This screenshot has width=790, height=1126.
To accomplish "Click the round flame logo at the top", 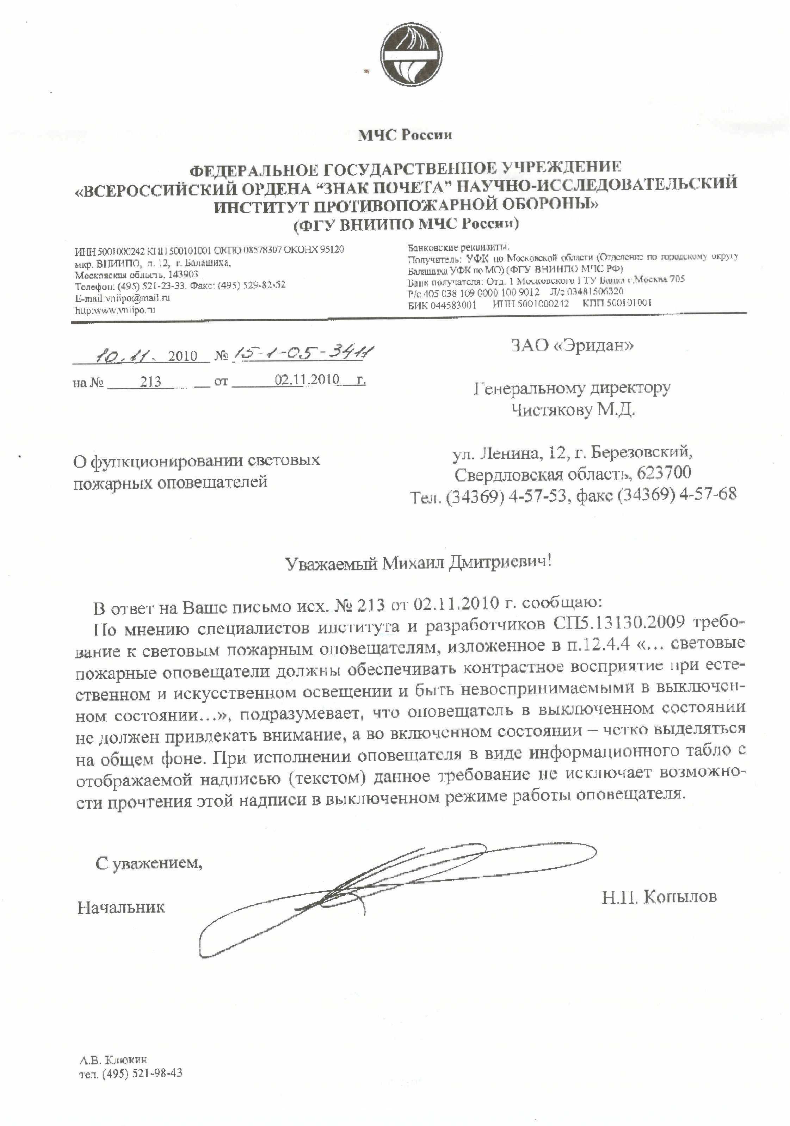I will [x=412, y=55].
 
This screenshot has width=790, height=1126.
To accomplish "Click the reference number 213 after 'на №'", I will [x=150, y=382].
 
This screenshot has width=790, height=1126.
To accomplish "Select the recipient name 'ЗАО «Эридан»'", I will [x=572, y=346].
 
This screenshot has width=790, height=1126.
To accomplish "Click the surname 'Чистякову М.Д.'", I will [x=573, y=409].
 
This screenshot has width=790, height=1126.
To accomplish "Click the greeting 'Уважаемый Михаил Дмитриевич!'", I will [x=418, y=563].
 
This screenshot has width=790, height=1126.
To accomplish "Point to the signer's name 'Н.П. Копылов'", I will [x=659, y=897].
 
